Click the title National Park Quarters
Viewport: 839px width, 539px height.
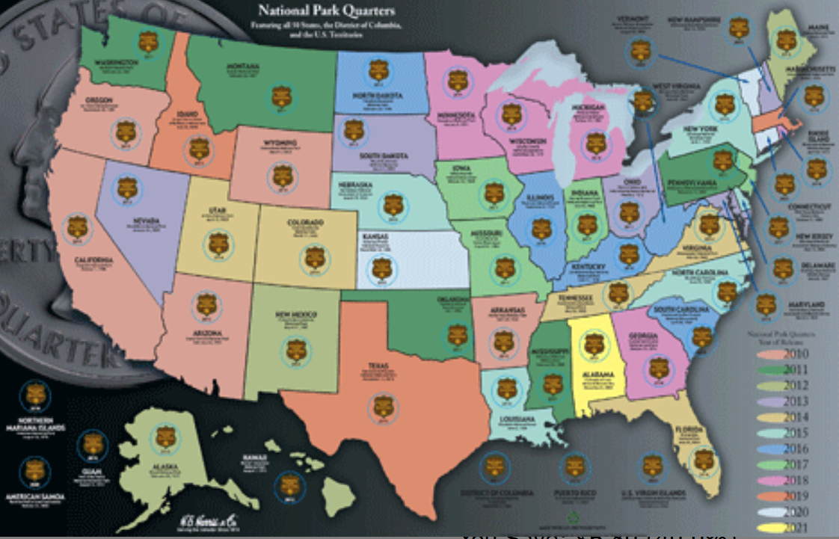coord(326,11)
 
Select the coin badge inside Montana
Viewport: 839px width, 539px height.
coord(280,96)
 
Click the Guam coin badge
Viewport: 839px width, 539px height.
coord(92,446)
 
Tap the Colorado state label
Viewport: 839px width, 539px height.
coord(305,224)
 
